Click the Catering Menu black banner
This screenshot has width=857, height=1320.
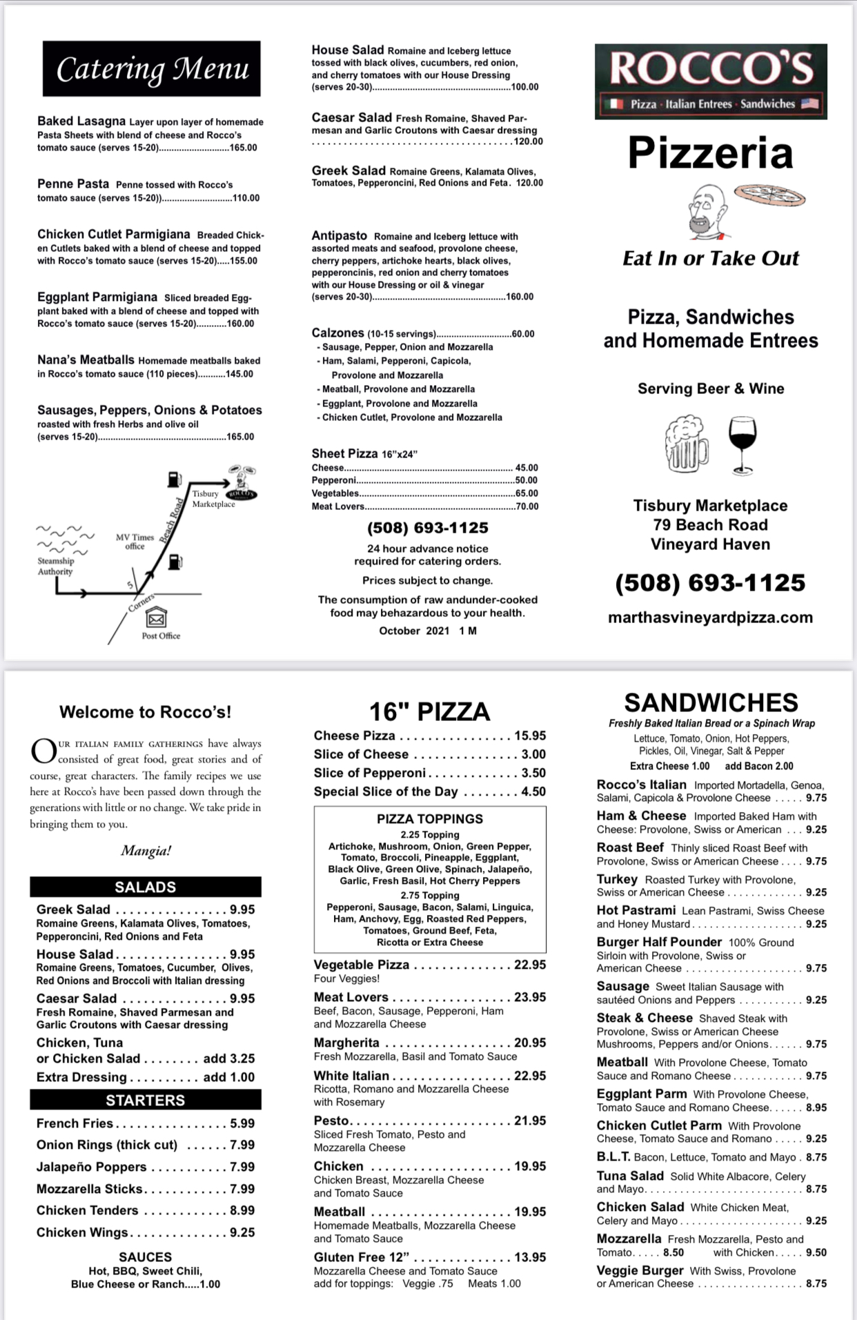click(x=152, y=68)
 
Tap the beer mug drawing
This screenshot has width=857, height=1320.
click(x=686, y=444)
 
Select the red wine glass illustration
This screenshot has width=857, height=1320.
click(x=742, y=444)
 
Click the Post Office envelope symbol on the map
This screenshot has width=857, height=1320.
click(x=157, y=617)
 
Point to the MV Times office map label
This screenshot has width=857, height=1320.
click(x=135, y=542)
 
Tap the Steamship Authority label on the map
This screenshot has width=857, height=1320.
click(x=55, y=566)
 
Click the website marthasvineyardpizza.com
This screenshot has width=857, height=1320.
click(x=710, y=618)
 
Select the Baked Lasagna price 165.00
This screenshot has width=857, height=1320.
click(x=243, y=148)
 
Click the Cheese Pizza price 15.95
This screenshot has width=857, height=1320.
click(x=530, y=736)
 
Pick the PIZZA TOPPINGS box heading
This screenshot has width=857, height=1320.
click(x=430, y=819)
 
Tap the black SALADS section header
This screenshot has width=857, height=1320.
click(x=145, y=887)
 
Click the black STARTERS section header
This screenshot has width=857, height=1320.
click(x=145, y=1100)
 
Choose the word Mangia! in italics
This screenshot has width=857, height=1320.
click(x=146, y=851)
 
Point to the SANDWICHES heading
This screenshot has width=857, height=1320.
click(x=711, y=702)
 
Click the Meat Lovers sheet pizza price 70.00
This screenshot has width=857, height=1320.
click(x=526, y=506)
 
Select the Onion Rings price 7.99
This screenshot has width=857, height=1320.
click(x=242, y=1145)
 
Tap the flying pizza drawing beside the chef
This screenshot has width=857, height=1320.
click(x=770, y=195)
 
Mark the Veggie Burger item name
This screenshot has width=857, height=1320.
click(x=640, y=1270)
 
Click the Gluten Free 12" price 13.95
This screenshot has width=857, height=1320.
click(x=530, y=1257)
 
